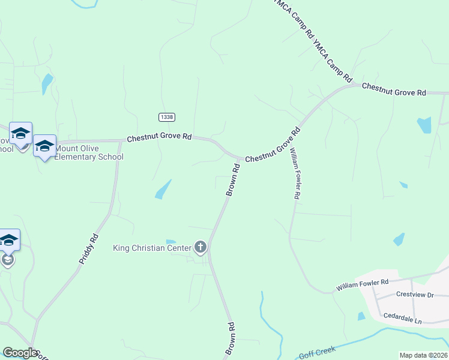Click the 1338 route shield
[167, 116]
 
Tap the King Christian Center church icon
[200, 247]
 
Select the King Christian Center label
[152, 248]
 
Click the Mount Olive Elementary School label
[89, 153]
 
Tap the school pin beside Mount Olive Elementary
[44, 146]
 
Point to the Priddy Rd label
[88, 250]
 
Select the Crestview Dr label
[414, 295]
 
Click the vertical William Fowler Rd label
[295, 175]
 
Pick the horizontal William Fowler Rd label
[362, 285]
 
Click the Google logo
[20, 353]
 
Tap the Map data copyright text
[424, 355]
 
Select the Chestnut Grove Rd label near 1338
[158, 138]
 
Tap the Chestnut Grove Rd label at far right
[394, 89]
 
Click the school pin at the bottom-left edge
[8, 241]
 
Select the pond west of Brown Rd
[163, 190]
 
